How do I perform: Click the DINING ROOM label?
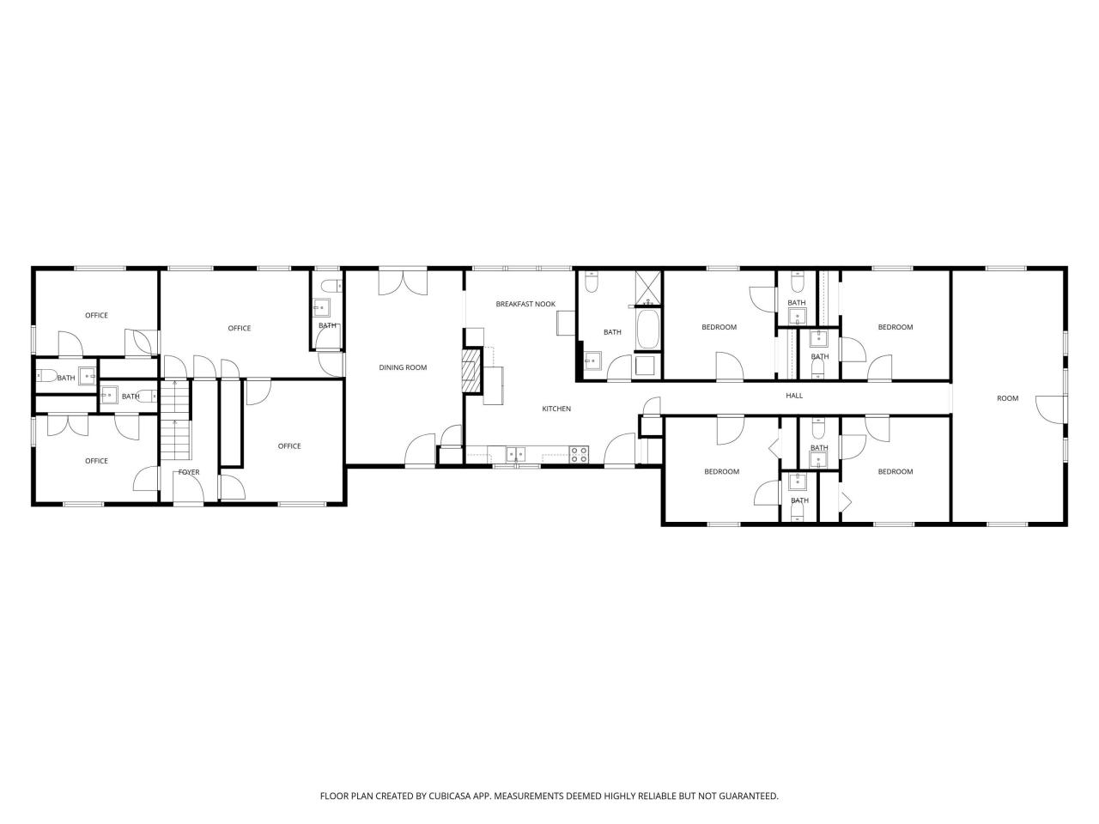click(x=403, y=367)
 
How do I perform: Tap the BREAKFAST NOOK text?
click(x=525, y=304)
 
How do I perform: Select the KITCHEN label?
click(x=556, y=409)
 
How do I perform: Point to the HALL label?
click(x=794, y=396)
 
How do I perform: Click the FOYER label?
click(x=189, y=472)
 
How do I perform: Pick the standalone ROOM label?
click(x=1007, y=398)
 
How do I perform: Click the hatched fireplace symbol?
click(x=470, y=370)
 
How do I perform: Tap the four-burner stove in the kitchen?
click(x=580, y=454)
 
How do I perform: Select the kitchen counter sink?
click(x=516, y=454)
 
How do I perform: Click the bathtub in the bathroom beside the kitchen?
click(x=648, y=330)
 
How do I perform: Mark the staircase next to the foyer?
click(x=174, y=420)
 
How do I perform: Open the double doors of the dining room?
click(x=403, y=282)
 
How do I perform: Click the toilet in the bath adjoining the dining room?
click(x=328, y=286)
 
